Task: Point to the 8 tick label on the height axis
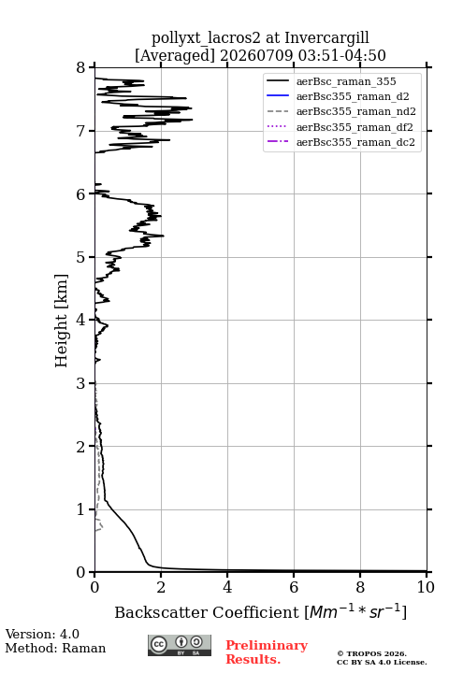point(80,68)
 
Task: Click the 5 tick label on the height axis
point(80,257)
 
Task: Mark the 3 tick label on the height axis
point(80,383)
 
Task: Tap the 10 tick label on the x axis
point(426,587)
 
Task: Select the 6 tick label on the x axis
point(294,587)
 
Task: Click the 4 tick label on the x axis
point(227,587)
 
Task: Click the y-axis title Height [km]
point(62,321)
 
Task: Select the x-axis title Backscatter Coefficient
point(207,612)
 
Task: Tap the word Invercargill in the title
point(326,38)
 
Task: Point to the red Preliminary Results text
point(267,652)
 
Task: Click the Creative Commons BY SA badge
point(180,646)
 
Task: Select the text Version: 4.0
point(42,635)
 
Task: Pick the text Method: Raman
point(55,648)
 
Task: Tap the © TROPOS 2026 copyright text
point(371,653)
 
